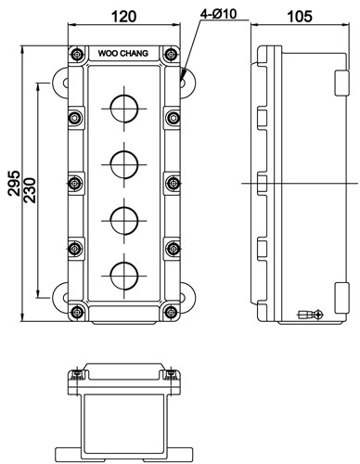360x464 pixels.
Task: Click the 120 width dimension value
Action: [x=123, y=16]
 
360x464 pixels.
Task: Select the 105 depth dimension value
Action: [x=300, y=16]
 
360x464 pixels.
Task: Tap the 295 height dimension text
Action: [x=14, y=183]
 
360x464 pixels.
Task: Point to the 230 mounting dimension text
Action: [x=30, y=190]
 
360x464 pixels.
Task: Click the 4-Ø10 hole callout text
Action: [x=218, y=14]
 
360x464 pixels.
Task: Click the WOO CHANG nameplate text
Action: [x=123, y=53]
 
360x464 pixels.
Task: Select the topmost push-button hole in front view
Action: [x=124, y=109]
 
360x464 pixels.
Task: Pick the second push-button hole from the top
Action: [x=124, y=164]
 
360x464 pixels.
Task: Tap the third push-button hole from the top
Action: [x=124, y=221]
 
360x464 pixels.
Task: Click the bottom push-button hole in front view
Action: [x=124, y=276]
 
